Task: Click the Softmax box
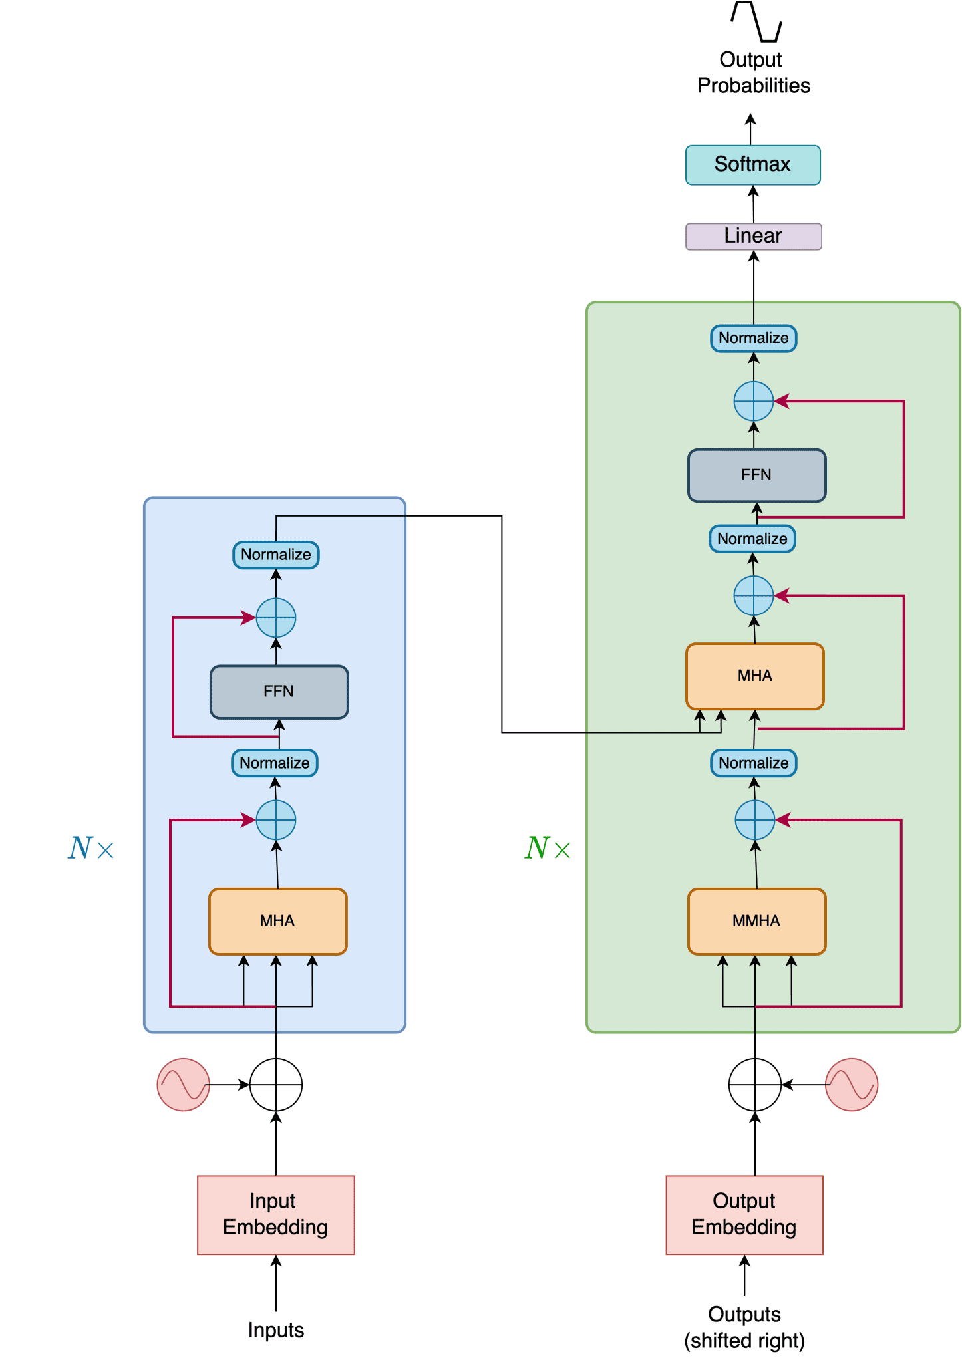pos(752,164)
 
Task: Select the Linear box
pos(753,236)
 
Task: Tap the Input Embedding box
pos(275,1214)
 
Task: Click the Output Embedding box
pos(744,1214)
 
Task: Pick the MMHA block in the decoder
pos(756,921)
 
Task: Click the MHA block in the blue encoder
pos(277,921)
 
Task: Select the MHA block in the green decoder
pos(754,676)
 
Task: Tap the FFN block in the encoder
pos(279,692)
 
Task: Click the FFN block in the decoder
pos(756,475)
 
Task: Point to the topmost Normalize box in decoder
pos(753,338)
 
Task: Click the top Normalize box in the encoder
pos(275,555)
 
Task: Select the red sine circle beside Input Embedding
pos(183,1084)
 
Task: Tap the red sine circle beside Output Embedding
pos(851,1084)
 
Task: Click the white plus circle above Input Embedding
pos(275,1084)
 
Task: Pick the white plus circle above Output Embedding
pos(754,1084)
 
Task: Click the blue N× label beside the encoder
pos(90,848)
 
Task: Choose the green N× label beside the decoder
pos(547,848)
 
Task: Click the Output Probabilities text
pos(752,72)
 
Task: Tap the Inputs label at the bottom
pos(275,1329)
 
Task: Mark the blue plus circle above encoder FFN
pos(275,617)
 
